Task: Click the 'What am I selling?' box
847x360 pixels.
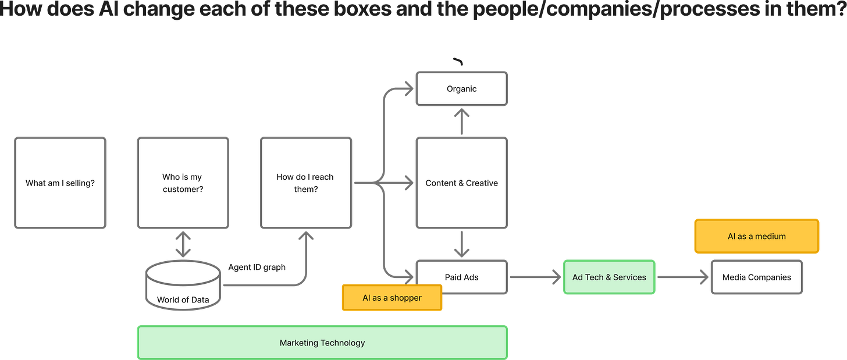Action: [x=61, y=183]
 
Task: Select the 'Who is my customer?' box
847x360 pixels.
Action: [x=183, y=183]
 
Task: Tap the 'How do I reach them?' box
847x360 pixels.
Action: [x=305, y=183]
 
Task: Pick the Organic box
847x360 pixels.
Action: [x=461, y=89]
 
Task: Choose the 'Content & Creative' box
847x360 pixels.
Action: [x=461, y=183]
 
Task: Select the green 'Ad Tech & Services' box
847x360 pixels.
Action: [x=609, y=277]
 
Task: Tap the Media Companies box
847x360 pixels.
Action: [x=756, y=277]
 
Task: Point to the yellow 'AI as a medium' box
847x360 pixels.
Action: [x=756, y=236]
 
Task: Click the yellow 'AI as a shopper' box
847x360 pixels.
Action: [x=392, y=298]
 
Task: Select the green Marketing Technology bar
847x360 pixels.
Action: [x=322, y=343]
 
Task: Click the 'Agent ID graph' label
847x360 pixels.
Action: [x=257, y=268]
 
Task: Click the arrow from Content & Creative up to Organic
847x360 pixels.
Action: [x=462, y=122]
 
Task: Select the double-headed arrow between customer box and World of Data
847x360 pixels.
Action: [x=183, y=244]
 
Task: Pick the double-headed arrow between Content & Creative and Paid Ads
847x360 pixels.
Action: [x=462, y=244]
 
